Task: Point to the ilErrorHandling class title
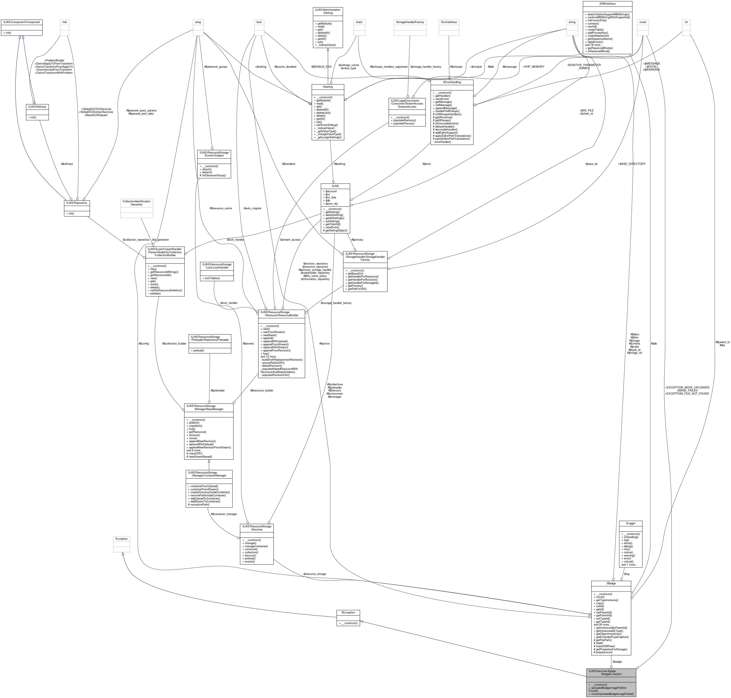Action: click(x=452, y=82)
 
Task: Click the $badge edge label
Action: click(x=617, y=662)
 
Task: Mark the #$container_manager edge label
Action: click(x=224, y=514)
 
